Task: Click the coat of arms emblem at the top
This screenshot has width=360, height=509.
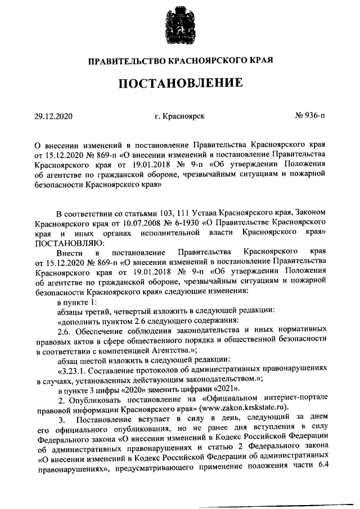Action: coord(180,25)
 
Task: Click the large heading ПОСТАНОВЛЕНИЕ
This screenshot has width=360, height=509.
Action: coord(180,83)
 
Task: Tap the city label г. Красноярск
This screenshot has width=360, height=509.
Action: coord(180,116)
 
